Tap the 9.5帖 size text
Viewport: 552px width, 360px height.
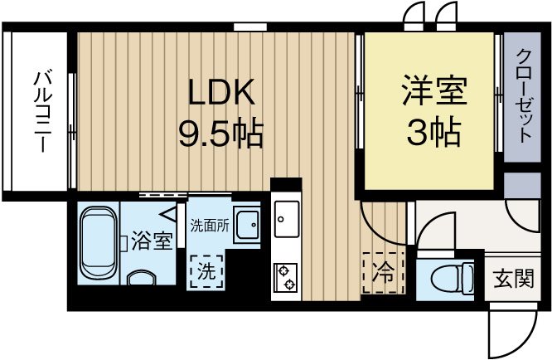[220, 132]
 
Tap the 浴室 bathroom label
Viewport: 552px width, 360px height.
[152, 242]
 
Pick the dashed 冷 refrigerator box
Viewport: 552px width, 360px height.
[380, 270]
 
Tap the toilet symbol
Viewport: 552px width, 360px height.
[448, 277]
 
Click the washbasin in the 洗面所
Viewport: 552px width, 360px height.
[247, 222]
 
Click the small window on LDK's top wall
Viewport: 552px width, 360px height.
[244, 27]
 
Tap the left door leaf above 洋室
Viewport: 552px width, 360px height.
[412, 15]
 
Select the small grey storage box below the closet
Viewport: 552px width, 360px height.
[522, 185]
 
